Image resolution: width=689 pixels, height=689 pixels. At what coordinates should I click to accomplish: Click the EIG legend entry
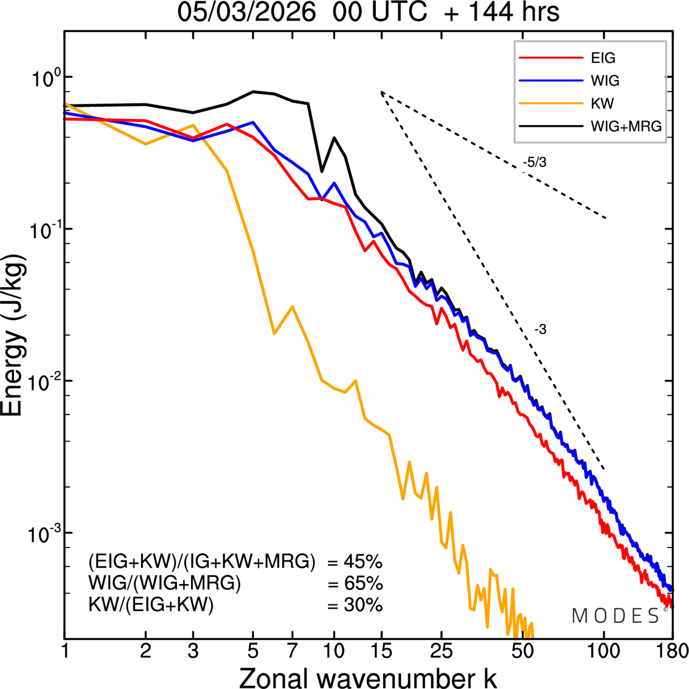pos(603,58)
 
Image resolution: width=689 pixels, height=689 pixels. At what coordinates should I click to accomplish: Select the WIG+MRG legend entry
pos(626,126)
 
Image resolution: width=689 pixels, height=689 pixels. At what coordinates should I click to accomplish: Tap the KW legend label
pos(602,103)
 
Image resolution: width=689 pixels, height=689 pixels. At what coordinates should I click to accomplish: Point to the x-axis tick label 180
pos(673,651)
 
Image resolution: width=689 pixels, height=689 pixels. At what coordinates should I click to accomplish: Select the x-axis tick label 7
pos(292,651)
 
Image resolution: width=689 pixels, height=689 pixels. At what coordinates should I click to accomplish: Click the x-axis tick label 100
pos(603,651)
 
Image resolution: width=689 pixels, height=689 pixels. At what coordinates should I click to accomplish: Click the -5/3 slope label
pos(535,162)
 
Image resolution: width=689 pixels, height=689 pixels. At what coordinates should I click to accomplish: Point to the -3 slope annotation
pos(540,329)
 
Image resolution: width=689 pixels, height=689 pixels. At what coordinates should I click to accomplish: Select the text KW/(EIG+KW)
pos(151,605)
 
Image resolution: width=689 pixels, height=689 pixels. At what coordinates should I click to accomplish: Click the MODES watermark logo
pos(616,616)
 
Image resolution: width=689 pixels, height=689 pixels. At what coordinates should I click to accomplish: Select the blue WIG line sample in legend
pos(551,81)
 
